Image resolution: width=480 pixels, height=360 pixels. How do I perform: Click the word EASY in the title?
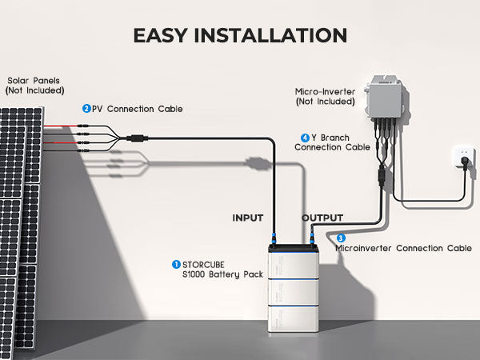pyautogui.click(x=164, y=35)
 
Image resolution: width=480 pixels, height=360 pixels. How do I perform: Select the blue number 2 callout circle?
pyautogui.click(x=86, y=108)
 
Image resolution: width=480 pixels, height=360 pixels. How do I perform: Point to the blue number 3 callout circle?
pyautogui.click(x=341, y=238)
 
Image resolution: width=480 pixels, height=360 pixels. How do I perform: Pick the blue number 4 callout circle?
pyautogui.click(x=305, y=137)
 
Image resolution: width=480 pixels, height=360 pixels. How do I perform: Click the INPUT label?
pyautogui.click(x=248, y=218)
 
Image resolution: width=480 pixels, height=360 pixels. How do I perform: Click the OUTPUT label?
pyautogui.click(x=322, y=218)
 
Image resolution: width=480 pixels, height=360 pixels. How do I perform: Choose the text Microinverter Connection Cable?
pyautogui.click(x=403, y=248)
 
